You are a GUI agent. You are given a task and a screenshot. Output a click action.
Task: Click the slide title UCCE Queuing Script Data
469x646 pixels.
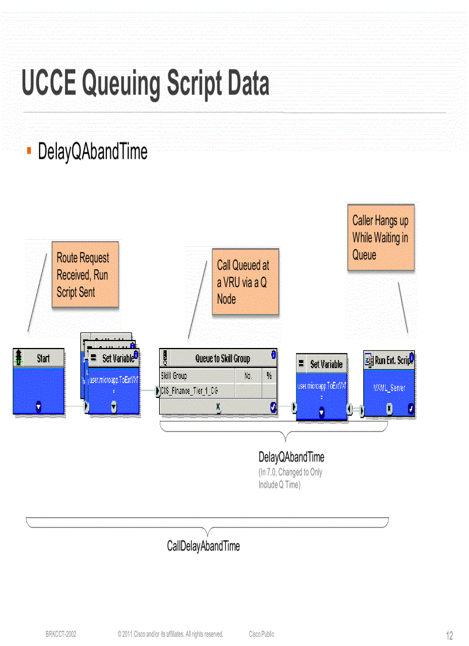145,84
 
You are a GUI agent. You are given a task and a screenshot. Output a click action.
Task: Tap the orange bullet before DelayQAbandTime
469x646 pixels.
29,151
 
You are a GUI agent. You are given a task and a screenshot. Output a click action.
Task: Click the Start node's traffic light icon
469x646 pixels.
20,358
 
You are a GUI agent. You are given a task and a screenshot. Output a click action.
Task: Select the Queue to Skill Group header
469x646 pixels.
222,358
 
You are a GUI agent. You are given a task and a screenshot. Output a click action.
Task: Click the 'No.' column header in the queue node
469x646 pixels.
249,376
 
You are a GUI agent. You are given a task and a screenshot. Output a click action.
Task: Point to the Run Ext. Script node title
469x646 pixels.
392,361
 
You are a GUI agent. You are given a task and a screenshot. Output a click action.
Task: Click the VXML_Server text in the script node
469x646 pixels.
389,388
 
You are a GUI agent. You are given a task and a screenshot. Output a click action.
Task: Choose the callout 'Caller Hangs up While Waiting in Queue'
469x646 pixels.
380,237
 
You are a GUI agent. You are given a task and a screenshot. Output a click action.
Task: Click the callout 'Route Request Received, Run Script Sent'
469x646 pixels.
85,275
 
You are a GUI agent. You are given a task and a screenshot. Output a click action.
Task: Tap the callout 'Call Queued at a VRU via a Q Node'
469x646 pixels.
245,282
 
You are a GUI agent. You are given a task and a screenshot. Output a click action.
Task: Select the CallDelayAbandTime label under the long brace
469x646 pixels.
203,546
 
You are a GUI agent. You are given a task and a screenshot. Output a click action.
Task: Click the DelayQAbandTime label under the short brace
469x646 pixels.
291,457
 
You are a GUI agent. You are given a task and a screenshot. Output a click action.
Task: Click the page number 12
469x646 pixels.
449,636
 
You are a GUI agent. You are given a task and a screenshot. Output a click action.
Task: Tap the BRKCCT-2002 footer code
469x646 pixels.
61,634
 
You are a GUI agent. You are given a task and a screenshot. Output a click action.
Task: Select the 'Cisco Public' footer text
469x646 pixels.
262,634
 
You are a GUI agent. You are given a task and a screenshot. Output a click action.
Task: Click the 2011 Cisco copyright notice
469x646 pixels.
170,634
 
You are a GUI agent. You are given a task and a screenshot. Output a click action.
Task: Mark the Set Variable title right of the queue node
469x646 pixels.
326,364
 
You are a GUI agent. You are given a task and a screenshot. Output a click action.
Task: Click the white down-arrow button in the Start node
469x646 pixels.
39,406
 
